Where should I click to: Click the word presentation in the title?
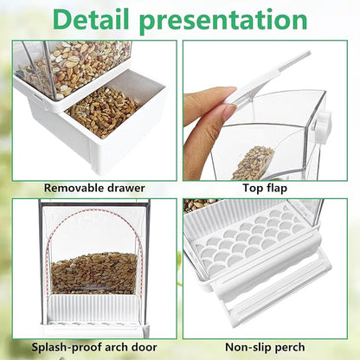(x=236, y=20)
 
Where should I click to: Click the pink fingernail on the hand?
(x=228, y=112)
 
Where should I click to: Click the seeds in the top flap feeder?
(x=253, y=160)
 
